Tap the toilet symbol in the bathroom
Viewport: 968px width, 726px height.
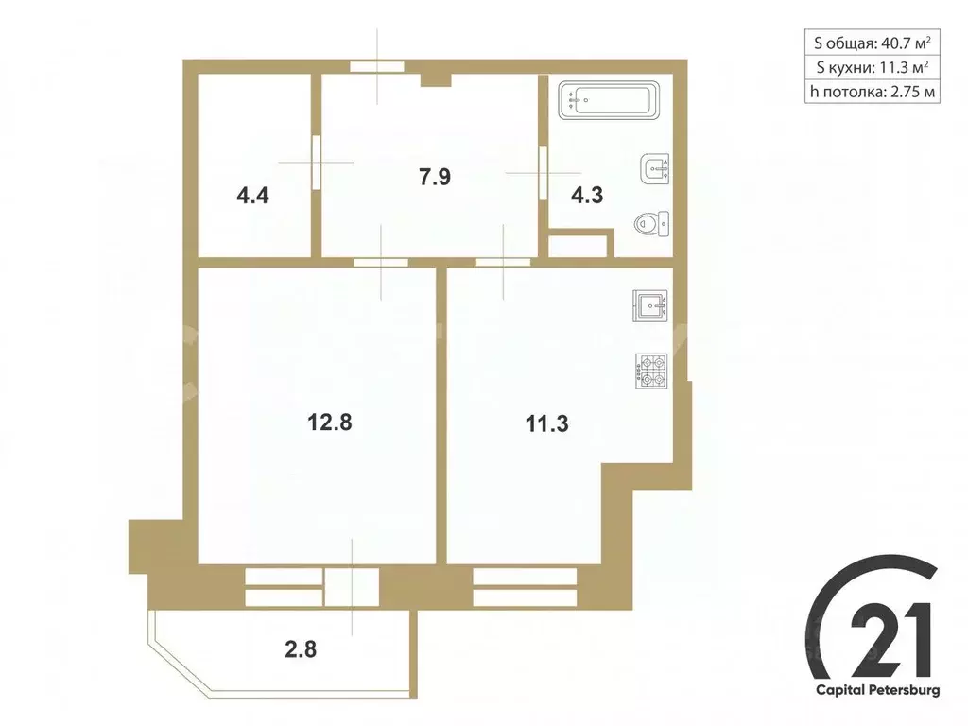coord(651,223)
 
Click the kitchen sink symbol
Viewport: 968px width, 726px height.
coord(651,306)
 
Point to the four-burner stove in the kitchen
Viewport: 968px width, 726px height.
coord(651,370)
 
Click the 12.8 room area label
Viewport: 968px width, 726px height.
coord(329,423)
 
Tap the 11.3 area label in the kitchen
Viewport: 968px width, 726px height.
coord(547,423)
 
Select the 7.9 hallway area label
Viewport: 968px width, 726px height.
coord(429,177)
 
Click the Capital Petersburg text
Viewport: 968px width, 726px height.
coord(878,691)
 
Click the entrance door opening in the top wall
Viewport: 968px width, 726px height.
coord(377,67)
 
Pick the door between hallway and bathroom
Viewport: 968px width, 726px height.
coord(543,172)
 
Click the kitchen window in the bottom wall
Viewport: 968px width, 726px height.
coord(526,586)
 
